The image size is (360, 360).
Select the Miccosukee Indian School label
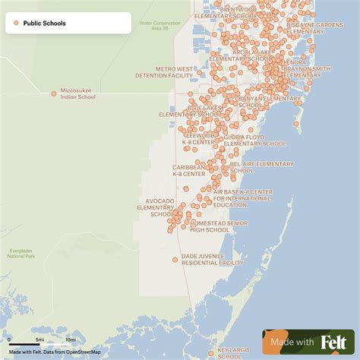point(78,94)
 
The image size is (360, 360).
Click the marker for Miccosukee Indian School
point(54,93)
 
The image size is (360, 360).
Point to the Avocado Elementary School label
point(155,207)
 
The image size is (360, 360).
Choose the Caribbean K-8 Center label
point(188,170)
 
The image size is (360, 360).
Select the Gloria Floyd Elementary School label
point(254,141)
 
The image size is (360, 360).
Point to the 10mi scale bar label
point(70,339)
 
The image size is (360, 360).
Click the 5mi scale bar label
point(39,339)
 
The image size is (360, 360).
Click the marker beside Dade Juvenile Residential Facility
point(175,260)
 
